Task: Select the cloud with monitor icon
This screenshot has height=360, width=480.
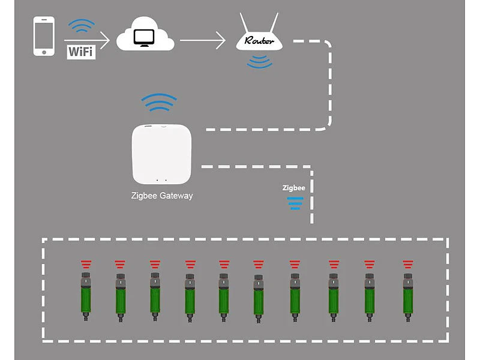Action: coord(145,37)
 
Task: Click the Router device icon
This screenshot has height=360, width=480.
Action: coord(259,40)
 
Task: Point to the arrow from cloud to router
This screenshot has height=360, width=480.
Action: coord(202,41)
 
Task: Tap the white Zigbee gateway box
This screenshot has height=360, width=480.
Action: coord(161,153)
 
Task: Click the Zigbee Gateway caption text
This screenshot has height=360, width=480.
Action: coord(162,196)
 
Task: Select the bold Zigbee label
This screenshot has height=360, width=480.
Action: coord(294,188)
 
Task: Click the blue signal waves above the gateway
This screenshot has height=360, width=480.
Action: coord(158,103)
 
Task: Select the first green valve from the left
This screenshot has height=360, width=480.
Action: coord(85,294)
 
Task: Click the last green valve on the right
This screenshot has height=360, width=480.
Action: coord(408,294)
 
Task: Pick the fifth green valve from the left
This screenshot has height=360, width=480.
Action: coord(224,294)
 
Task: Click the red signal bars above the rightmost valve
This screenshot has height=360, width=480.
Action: coord(408,263)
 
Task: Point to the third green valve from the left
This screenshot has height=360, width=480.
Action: coord(155,294)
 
